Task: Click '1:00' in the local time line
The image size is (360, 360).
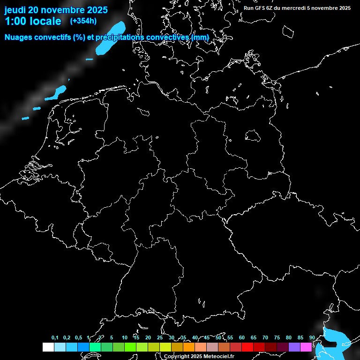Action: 16,22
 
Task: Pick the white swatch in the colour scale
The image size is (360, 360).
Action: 48,347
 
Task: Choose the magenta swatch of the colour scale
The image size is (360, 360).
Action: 306,347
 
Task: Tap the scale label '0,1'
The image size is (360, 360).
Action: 55,338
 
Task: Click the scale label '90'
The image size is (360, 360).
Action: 312,338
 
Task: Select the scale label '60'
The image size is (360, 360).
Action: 241,338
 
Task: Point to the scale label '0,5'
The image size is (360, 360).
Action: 78,338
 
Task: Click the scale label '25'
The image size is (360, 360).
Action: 159,338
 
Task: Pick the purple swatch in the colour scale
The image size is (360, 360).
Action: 294,347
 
